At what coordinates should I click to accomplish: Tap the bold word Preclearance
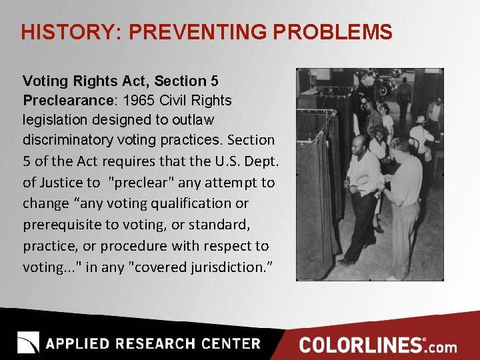(x=64, y=101)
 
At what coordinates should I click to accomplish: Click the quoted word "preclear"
(x=137, y=182)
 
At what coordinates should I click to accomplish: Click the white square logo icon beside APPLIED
(x=28, y=343)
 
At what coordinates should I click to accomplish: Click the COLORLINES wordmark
(x=361, y=345)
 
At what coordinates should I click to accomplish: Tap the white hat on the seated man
(x=422, y=119)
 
